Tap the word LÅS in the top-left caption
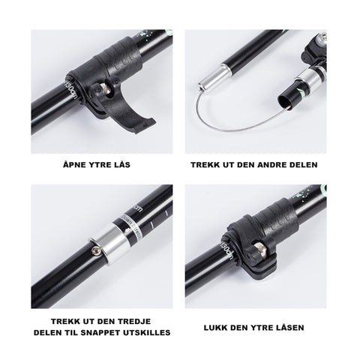coord(121,165)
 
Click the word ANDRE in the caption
coord(272,165)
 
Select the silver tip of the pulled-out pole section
coord(213,78)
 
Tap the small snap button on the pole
coord(96,251)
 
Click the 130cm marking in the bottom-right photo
coord(226,250)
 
